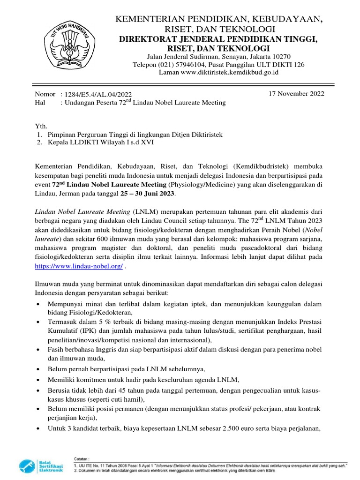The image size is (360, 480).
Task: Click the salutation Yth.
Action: (41, 126)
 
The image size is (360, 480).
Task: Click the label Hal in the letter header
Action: (41, 103)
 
